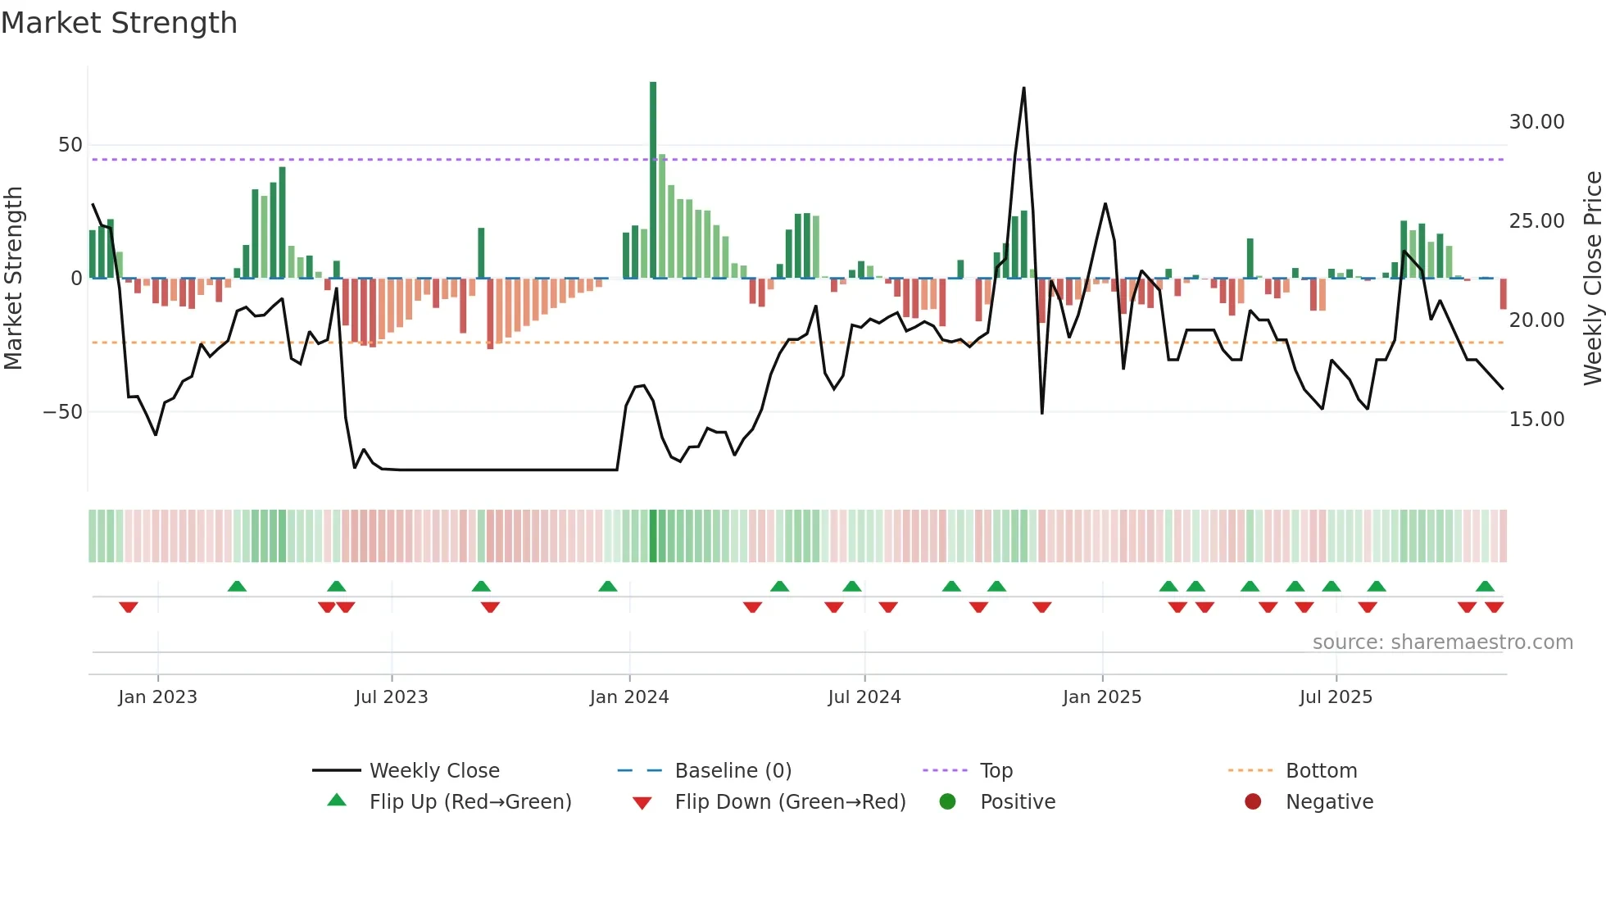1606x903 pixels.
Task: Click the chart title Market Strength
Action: (x=119, y=23)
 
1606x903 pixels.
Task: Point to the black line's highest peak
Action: (x=1023, y=88)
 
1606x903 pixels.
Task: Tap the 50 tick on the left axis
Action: (x=70, y=145)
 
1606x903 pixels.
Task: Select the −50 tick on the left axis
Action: (x=63, y=411)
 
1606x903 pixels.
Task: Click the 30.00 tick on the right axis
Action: (x=1536, y=122)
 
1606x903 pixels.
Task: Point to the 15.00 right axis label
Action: (x=1536, y=420)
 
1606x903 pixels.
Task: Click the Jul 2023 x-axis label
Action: (x=391, y=697)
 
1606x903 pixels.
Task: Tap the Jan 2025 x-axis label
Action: (x=1101, y=697)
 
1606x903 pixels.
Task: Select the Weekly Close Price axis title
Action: (x=1592, y=279)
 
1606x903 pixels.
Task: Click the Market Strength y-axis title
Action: (x=13, y=279)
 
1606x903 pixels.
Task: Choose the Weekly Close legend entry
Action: (x=433, y=771)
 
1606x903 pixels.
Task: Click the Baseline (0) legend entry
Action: (x=733, y=771)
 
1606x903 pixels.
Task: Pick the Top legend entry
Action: (x=996, y=771)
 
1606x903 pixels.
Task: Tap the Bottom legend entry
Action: (x=1321, y=771)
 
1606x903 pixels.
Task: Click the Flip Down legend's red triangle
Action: (x=642, y=803)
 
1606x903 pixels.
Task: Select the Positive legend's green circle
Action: (x=947, y=802)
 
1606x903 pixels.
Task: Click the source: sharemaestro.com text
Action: (x=1442, y=642)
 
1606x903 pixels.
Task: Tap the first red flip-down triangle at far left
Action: (x=128, y=607)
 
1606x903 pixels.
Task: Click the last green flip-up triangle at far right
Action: (x=1485, y=586)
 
